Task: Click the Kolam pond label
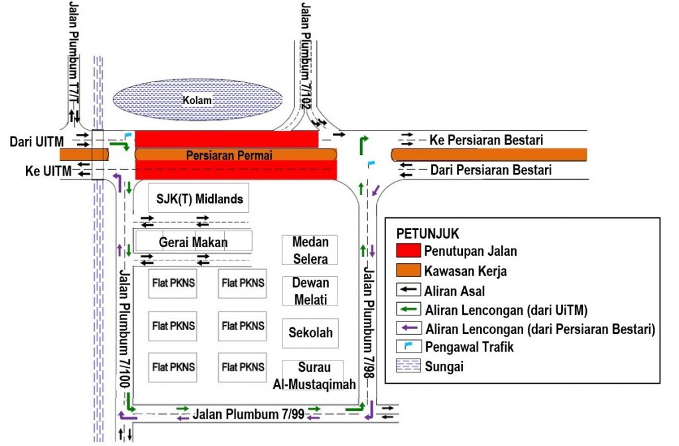tap(198, 101)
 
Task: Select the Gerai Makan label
tap(193, 242)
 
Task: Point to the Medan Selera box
tap(310, 250)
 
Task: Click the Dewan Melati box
tap(310, 291)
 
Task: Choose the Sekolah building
tap(310, 333)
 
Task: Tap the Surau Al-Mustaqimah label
tap(314, 376)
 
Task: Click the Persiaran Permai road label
tap(229, 156)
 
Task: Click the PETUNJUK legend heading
tap(428, 234)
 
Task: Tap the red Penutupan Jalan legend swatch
tap(407, 251)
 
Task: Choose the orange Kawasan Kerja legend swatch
tap(407, 270)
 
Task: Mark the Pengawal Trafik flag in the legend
tap(407, 346)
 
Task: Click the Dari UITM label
tap(36, 140)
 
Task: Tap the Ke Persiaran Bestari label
tap(486, 140)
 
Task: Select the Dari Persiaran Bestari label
tap(491, 170)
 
